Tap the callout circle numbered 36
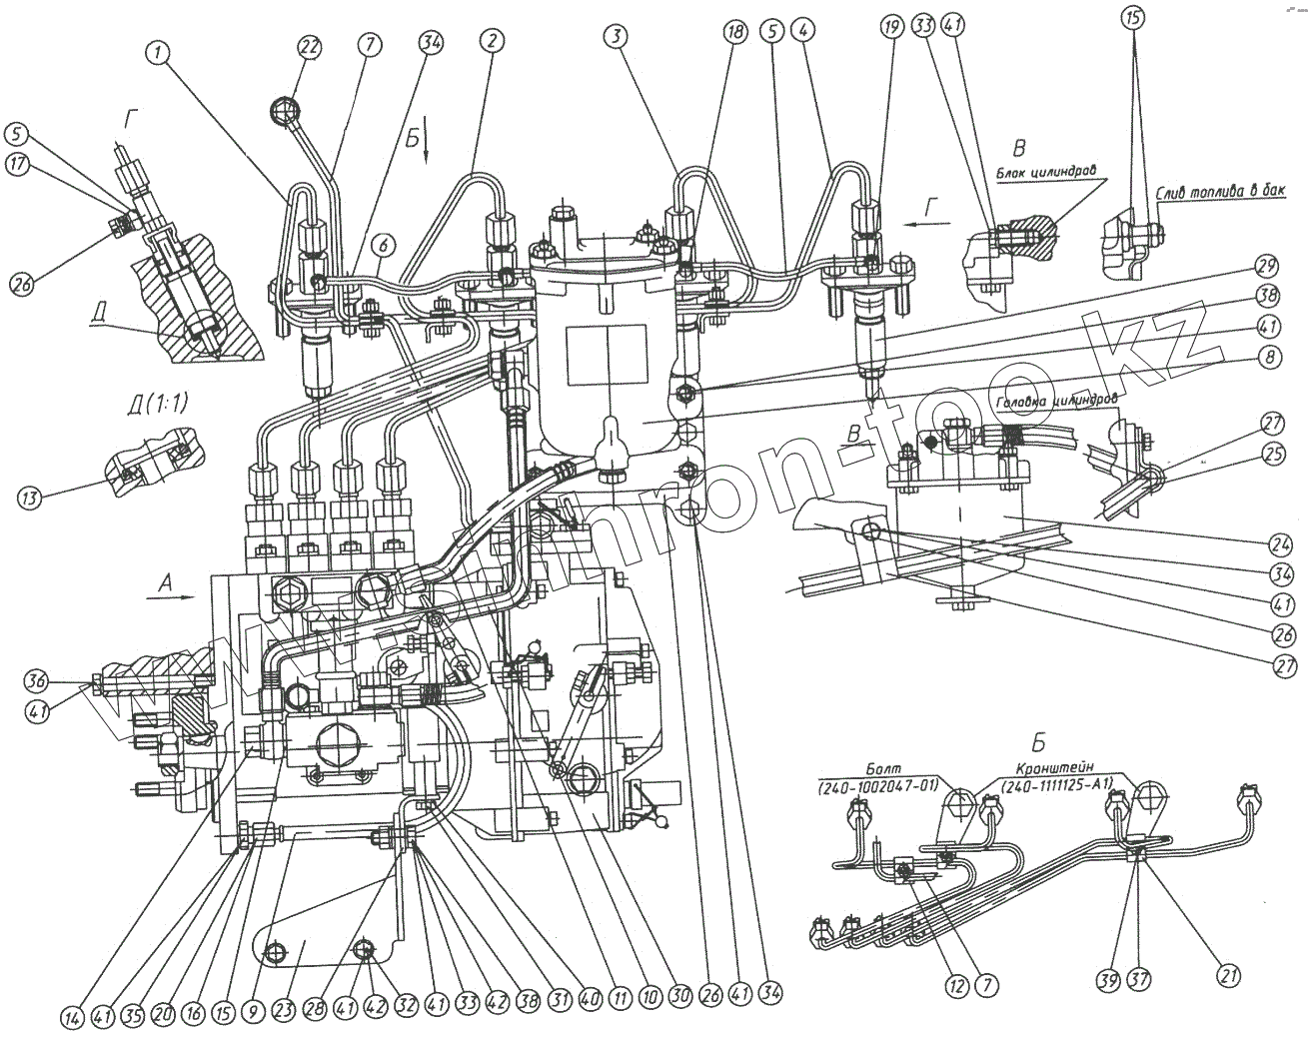coord(38,681)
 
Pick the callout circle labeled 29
coord(1266,267)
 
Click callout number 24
coord(1280,544)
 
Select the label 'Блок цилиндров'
coord(1047,172)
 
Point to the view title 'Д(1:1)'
coord(152,404)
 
